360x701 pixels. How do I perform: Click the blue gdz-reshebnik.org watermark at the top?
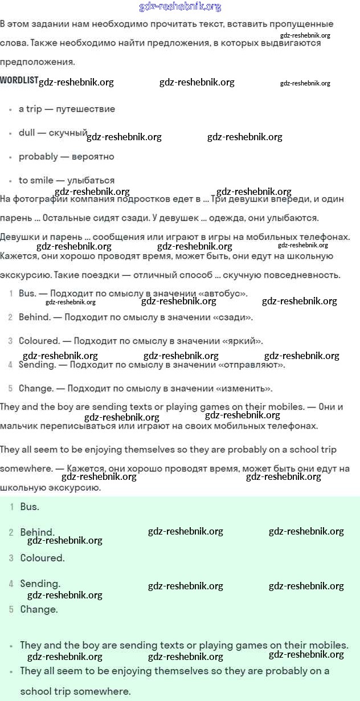[180, 7]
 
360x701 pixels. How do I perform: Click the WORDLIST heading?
[19, 80]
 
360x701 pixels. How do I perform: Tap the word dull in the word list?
[27, 133]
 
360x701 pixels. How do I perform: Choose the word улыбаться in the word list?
[91, 180]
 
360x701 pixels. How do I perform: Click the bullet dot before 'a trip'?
[10, 109]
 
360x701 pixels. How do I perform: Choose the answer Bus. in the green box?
[30, 506]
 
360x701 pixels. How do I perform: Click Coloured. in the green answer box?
[42, 558]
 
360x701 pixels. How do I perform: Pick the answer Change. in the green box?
[39, 609]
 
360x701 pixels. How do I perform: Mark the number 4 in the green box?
[11, 584]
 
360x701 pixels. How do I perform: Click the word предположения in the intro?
[37, 62]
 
